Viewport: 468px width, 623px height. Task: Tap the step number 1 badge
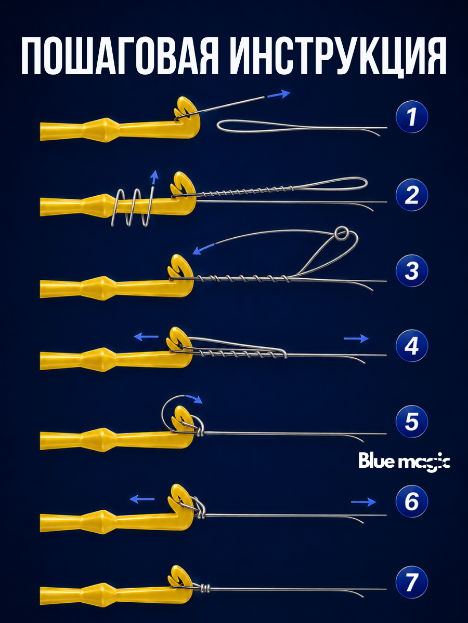point(412,117)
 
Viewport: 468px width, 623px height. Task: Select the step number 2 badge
point(412,195)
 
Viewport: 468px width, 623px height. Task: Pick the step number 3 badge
point(412,270)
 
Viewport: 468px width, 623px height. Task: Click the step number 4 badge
point(412,345)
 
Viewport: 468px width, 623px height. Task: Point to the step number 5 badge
point(412,422)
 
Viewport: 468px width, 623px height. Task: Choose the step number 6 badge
point(412,502)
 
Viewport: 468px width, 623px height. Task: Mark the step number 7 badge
point(412,582)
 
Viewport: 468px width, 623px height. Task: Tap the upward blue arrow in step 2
point(154,179)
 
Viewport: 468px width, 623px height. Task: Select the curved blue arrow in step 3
point(203,248)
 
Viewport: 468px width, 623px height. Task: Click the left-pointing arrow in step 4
point(146,337)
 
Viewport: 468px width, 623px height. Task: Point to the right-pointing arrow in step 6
point(363,502)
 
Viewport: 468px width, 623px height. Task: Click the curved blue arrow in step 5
point(195,399)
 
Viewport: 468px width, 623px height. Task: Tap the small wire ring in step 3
point(341,233)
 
